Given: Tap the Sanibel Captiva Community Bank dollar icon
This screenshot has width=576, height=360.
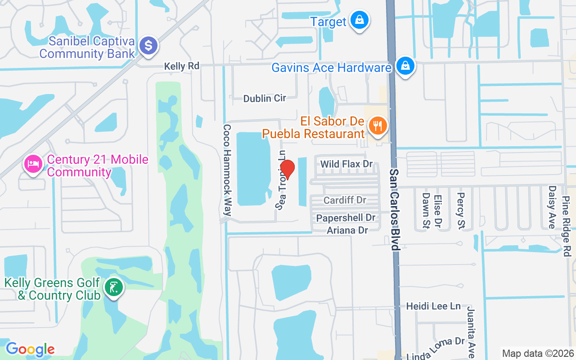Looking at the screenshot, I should (148, 46).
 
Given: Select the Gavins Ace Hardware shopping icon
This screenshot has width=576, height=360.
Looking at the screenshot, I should (405, 66).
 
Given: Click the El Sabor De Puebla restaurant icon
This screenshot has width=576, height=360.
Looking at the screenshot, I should (378, 126).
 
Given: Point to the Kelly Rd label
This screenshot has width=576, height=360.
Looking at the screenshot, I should (181, 66).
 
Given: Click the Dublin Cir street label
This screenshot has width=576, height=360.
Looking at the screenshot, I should (265, 98).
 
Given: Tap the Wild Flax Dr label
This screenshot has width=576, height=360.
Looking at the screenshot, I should (346, 164).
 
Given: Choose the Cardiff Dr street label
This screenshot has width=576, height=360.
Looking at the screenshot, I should (345, 200).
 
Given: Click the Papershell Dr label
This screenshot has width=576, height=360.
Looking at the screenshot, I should (346, 218).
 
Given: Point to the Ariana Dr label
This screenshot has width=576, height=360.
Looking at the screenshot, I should (347, 230).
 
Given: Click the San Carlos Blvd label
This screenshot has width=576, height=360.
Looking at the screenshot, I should (395, 210).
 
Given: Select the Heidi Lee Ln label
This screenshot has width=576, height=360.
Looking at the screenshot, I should (433, 306).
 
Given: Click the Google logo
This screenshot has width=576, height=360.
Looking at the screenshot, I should (30, 349).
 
